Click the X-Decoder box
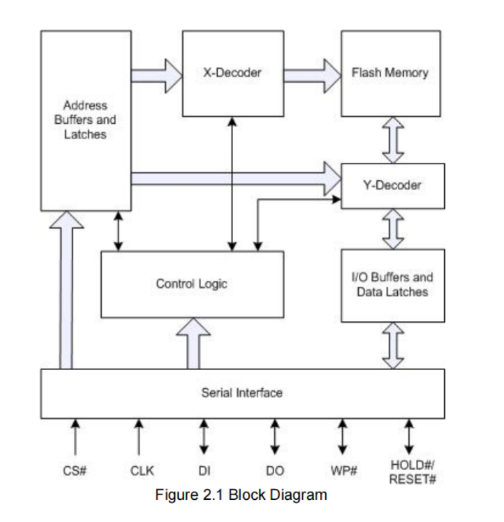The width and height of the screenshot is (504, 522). click(x=232, y=73)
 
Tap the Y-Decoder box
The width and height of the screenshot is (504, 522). click(x=392, y=185)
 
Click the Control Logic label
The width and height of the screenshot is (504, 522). click(x=192, y=284)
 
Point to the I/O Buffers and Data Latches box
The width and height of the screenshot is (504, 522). click(x=392, y=285)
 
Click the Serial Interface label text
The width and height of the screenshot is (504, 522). click(x=242, y=393)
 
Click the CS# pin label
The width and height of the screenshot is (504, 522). click(x=75, y=471)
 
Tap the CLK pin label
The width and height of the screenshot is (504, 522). click(x=139, y=471)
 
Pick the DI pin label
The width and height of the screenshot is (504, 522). click(x=203, y=471)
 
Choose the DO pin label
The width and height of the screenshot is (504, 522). click(x=275, y=471)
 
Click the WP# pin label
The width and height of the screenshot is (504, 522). click(x=343, y=471)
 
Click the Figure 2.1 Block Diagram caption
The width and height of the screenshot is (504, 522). click(x=241, y=496)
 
